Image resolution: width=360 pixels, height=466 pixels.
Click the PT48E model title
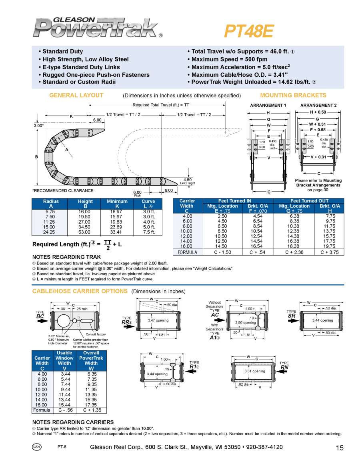click(x=248, y=31)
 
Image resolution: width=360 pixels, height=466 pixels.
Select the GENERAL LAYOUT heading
click(x=76, y=95)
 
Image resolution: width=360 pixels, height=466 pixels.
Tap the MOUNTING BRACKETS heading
click(x=293, y=95)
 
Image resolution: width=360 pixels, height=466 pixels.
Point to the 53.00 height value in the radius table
click(x=84, y=232)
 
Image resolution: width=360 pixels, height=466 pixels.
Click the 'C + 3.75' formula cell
click(x=330, y=252)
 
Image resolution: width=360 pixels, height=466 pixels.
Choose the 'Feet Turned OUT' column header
click(x=309, y=201)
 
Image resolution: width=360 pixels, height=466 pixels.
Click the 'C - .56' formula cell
click(x=64, y=410)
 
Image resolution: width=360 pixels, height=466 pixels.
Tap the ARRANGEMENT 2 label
click(x=318, y=105)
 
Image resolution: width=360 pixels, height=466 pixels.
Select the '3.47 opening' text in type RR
click(x=158, y=320)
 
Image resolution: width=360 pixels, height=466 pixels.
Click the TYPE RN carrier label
click(x=284, y=365)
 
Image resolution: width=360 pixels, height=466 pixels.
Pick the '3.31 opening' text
click(x=255, y=371)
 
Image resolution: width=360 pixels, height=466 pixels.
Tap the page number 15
click(x=340, y=448)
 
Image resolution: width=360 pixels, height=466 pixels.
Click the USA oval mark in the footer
click(x=36, y=447)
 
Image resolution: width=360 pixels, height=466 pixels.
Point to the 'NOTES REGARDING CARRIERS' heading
click(x=73, y=422)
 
